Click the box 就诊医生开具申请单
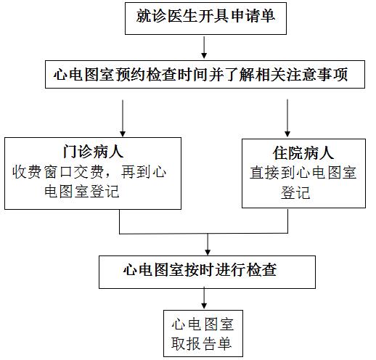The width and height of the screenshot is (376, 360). (205, 18)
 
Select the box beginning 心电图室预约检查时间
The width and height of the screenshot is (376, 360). (205, 74)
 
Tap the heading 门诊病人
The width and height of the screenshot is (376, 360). (93, 152)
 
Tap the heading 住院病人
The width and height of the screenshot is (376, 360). (303, 153)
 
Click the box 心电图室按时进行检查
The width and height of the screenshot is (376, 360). (207, 272)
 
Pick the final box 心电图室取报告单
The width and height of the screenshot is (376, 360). (203, 333)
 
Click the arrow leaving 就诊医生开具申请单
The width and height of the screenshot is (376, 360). (204, 47)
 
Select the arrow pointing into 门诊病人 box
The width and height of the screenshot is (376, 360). (123, 118)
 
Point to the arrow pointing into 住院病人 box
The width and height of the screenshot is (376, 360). (287, 118)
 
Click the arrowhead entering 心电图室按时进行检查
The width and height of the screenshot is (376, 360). (208, 252)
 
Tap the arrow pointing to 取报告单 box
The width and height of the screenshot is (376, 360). (204, 298)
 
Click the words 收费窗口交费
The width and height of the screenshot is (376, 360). (58, 172)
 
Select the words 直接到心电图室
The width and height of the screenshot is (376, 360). (303, 173)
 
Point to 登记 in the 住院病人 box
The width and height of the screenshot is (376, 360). (295, 192)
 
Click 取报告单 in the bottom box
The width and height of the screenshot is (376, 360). (201, 343)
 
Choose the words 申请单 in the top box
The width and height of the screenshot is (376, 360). (253, 16)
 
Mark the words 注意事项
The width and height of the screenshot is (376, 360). (318, 74)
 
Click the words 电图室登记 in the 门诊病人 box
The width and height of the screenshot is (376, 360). (82, 191)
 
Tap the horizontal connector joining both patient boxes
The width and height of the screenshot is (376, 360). (204, 234)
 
